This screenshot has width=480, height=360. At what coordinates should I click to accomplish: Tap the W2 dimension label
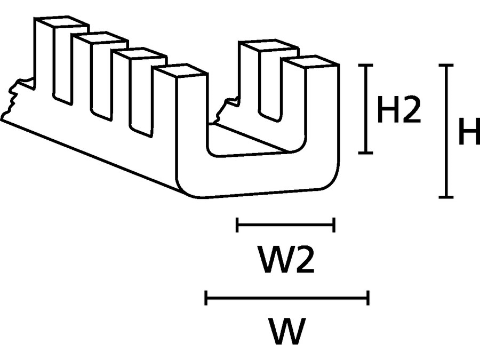click(x=285, y=260)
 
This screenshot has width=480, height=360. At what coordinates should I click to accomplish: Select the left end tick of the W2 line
click(x=237, y=225)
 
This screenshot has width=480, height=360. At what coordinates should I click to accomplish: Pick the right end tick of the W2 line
click(x=334, y=225)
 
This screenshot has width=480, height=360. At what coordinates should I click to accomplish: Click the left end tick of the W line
click(x=206, y=298)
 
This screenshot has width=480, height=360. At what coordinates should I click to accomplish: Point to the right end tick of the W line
click(x=368, y=298)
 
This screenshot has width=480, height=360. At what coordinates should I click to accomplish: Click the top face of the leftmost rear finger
click(x=60, y=23)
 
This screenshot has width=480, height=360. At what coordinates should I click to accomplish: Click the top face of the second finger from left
click(x=99, y=38)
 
